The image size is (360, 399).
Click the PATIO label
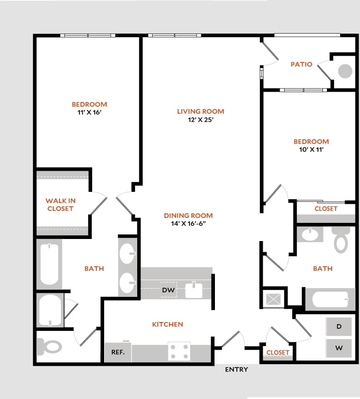pos(301,65)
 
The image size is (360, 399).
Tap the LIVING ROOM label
pos(200,111)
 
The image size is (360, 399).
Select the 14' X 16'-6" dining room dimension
pos(188,224)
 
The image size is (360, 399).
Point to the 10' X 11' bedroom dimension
pos(311,150)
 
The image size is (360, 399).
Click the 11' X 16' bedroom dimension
pos(89,112)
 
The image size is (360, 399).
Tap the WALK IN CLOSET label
pos(60,205)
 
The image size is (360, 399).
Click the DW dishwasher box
pos(169,290)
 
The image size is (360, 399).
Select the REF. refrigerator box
pos(117,353)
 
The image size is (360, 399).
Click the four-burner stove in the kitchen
pos(179,351)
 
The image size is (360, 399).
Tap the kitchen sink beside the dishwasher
pos(193,290)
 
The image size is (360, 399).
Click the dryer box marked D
pos(339,327)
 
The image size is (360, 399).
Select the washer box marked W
pos(339,348)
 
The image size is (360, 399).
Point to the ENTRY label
pos(236,370)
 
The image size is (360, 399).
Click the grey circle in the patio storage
pos(345,71)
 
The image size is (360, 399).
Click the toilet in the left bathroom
pos(49,346)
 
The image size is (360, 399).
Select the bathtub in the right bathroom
pos(330,299)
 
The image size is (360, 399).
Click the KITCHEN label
pos(167,325)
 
